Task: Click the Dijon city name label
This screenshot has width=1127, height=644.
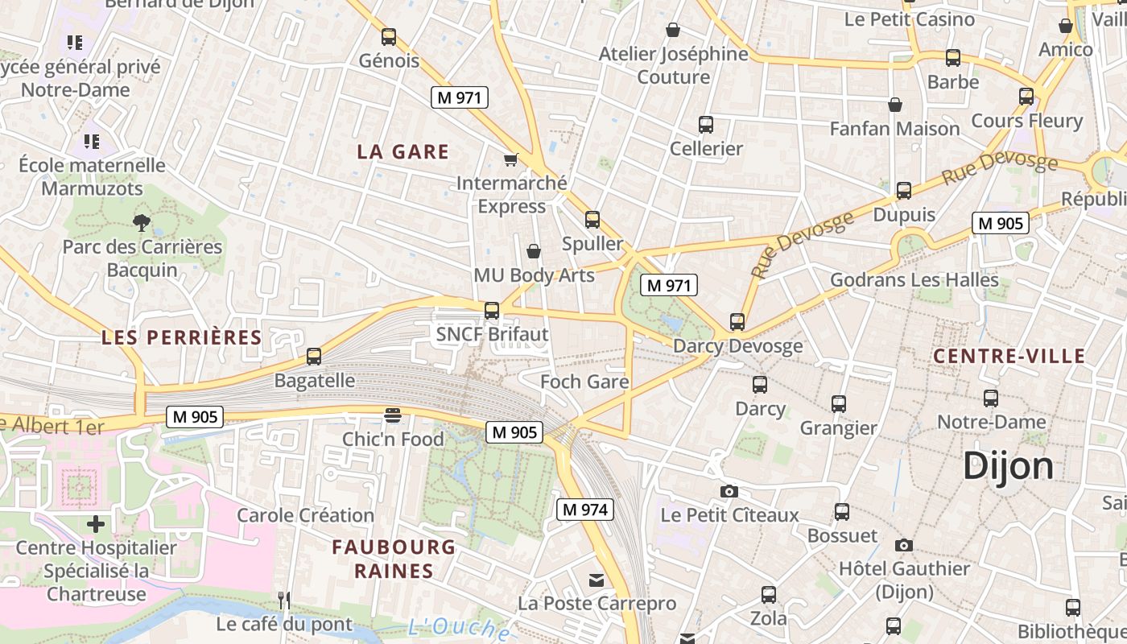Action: pos(1008,466)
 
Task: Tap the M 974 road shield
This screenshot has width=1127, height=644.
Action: pos(585,509)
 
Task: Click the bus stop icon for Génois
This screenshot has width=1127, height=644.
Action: pos(389,37)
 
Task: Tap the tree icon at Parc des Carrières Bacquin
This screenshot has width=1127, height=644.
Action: pos(142,222)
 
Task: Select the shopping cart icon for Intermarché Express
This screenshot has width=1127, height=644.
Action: pos(510,159)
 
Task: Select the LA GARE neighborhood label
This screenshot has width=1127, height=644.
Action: pos(402,151)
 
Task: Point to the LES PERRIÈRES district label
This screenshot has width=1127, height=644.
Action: pos(182,337)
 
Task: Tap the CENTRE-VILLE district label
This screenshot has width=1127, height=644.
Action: pos(1009,356)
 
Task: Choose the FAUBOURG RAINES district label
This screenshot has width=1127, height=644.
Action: pos(394,559)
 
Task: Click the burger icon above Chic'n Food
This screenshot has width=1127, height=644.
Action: pos(393,415)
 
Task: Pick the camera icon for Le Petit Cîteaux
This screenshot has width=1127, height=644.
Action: pos(729,491)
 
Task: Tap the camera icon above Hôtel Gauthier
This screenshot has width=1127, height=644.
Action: pos(904,545)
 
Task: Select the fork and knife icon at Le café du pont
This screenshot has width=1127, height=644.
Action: pos(283,600)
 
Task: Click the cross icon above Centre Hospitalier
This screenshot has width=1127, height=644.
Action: pos(96,525)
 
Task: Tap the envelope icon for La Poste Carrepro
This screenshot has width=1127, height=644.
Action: pos(597,580)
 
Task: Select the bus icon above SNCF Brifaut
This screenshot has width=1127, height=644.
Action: pos(492,311)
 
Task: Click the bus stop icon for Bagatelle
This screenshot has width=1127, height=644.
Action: pos(314,357)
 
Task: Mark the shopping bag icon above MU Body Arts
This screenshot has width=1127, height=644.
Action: pos(533,252)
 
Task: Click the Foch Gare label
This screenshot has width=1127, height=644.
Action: pos(584,382)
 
